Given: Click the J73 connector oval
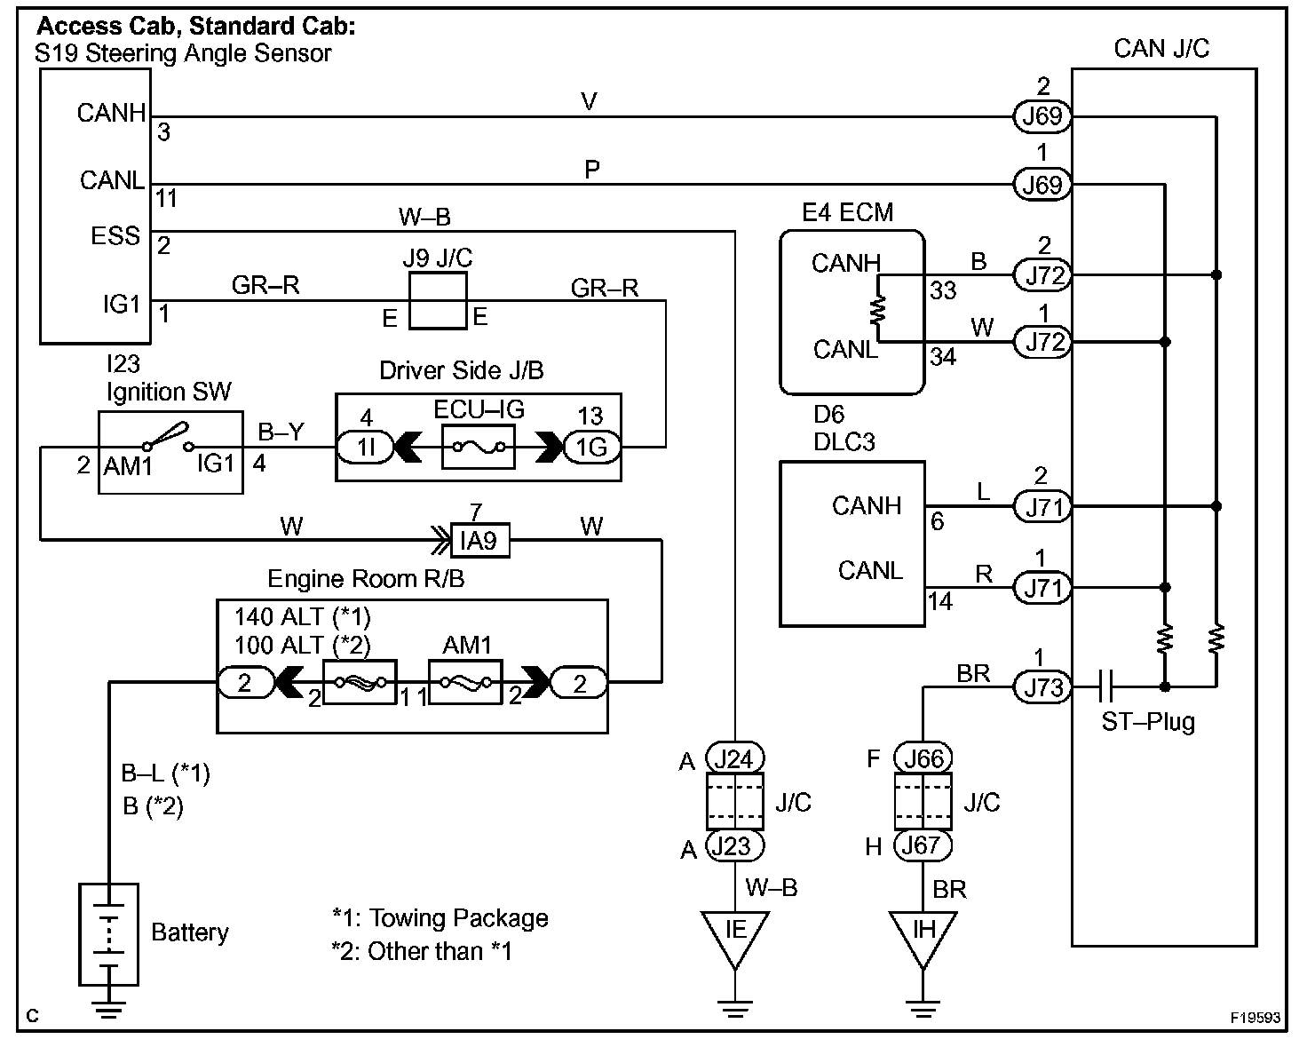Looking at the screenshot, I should [x=1043, y=687].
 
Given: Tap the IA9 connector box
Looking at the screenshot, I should [x=479, y=540].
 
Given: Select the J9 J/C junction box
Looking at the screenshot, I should [x=438, y=301].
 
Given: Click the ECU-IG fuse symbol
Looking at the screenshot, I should [x=479, y=447].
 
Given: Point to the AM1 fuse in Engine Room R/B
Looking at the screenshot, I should [x=465, y=682].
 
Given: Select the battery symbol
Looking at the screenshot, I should [x=108, y=933].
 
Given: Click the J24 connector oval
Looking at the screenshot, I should [x=734, y=759].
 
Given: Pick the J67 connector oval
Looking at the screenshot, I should [x=923, y=845].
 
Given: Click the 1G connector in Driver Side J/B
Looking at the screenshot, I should [x=590, y=448].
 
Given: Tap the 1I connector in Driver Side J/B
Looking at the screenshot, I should [x=367, y=448].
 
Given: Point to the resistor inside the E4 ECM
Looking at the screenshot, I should [x=879, y=310].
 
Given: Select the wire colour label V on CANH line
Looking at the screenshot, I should [x=589, y=102].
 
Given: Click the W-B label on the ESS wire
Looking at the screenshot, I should [x=425, y=218].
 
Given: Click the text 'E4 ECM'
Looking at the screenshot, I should [x=847, y=212].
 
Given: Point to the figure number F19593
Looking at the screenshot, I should [x=1256, y=1018].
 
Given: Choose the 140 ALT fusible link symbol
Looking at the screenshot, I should [x=359, y=682].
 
